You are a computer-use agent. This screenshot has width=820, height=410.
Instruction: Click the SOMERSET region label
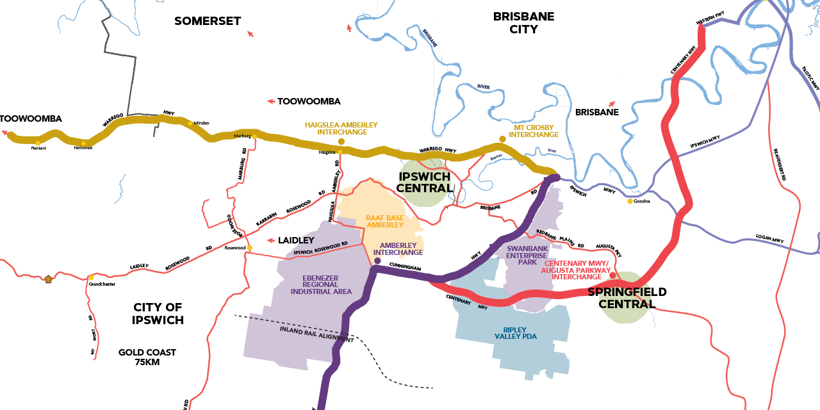[208, 21]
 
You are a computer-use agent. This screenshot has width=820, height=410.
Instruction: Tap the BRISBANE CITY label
[523, 22]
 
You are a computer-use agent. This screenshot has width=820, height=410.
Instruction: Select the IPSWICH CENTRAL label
[425, 182]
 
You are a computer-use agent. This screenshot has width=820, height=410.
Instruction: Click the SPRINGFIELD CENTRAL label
[627, 298]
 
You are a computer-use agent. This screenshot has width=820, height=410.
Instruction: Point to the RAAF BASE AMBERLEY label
[384, 221]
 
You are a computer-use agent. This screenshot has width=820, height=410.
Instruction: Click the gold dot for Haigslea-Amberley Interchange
[341, 141]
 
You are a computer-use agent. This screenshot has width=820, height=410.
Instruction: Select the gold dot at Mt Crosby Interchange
[503, 138]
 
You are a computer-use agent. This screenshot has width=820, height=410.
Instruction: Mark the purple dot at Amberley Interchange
[377, 261]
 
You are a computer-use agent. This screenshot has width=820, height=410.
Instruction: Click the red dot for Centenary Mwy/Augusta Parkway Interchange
[612, 275]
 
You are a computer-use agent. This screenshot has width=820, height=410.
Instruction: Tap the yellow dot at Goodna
[630, 201]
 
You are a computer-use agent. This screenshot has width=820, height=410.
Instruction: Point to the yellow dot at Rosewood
[250, 248]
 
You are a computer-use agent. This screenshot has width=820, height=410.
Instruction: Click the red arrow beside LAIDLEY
[271, 241]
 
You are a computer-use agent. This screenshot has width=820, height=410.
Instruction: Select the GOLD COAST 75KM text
[147, 357]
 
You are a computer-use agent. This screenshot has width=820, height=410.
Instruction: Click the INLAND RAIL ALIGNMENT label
[316, 334]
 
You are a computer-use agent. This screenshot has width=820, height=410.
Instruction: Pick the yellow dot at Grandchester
[92, 277]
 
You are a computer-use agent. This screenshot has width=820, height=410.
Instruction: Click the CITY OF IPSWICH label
[158, 313]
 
